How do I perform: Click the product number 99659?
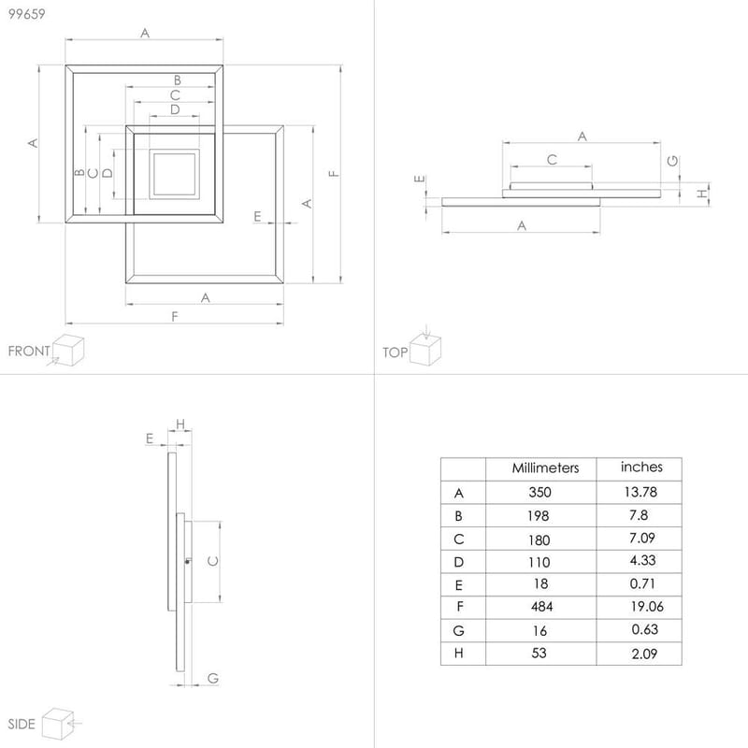[26, 13]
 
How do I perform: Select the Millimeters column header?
[546, 467]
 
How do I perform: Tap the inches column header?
[641, 467]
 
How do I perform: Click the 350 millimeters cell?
[539, 493]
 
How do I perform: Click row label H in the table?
[458, 654]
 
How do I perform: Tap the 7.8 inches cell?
[639, 515]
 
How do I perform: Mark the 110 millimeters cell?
[539, 562]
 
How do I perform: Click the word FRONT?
[29, 352]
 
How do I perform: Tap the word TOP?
[395, 352]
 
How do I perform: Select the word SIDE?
[22, 725]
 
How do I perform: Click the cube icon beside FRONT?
[68, 352]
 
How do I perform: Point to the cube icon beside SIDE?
[57, 723]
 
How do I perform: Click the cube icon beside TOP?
[426, 351]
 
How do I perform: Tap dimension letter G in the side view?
[212, 678]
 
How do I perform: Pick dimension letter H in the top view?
[701, 194]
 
